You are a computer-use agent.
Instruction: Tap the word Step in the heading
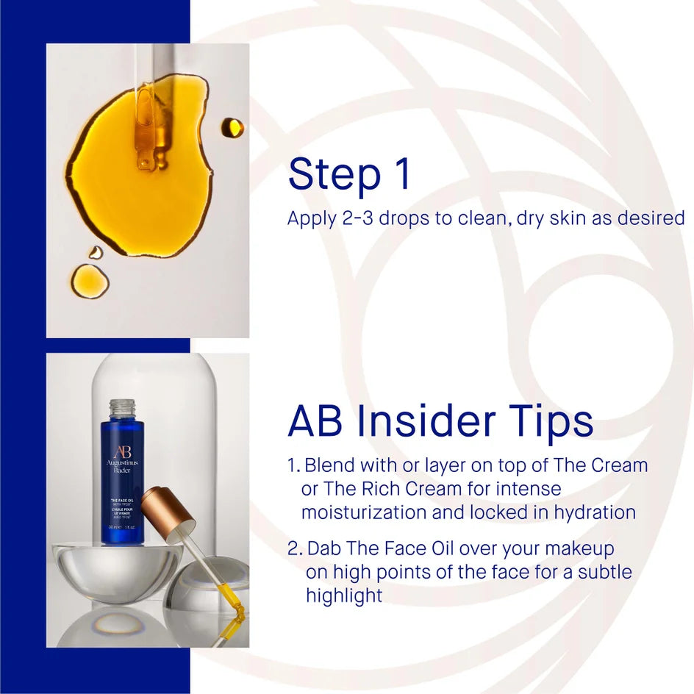[x=327, y=175]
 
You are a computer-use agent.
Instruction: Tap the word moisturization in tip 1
[x=364, y=512]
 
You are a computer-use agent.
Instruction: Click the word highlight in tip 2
[x=344, y=595]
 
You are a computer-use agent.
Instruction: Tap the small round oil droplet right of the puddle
[x=232, y=127]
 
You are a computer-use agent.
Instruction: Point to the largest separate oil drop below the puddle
[x=89, y=280]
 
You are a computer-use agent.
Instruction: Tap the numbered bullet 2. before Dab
[x=295, y=548]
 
